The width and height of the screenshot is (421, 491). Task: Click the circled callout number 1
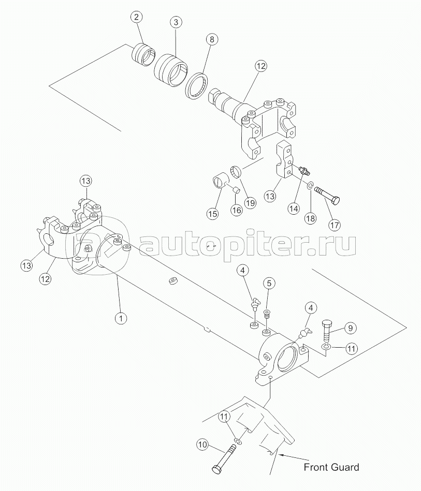tap(121, 319)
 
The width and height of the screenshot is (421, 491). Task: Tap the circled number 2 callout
tap(136, 17)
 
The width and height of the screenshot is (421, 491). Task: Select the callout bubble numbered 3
tap(176, 23)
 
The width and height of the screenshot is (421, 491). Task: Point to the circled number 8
tap(212, 39)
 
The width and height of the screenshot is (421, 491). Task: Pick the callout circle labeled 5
tap(269, 284)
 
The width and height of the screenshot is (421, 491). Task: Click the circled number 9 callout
tap(351, 328)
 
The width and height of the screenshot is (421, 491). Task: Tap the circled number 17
tap(334, 225)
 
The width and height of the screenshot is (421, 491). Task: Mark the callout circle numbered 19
tap(250, 203)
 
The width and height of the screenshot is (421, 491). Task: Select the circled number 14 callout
tap(294, 209)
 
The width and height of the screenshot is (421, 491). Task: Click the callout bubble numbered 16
tap(237, 210)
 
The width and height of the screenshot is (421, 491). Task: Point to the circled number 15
tap(212, 214)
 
